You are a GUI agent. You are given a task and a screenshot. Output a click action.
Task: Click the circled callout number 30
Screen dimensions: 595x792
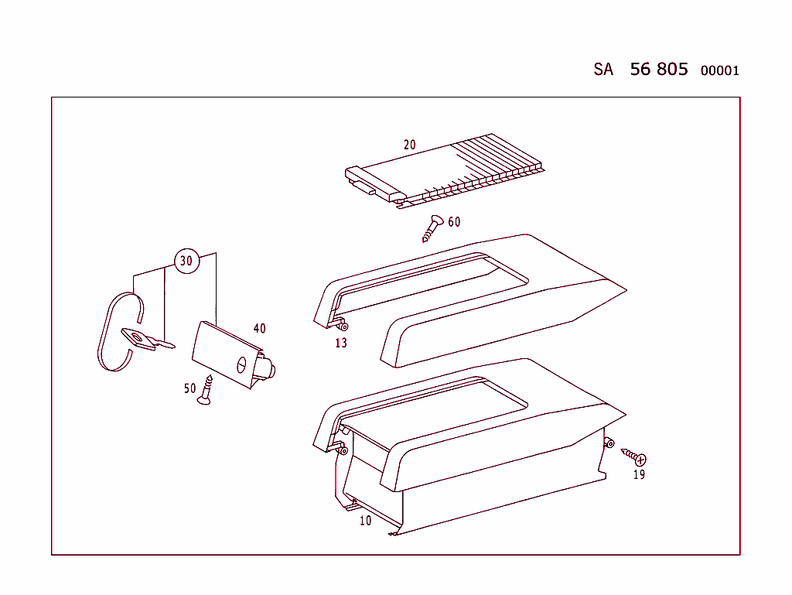186,261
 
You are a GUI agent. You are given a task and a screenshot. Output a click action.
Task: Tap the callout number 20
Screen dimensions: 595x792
410,145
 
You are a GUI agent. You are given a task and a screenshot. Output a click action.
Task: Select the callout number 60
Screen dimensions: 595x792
454,222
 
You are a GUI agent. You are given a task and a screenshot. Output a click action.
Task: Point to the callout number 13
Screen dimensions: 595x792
341,343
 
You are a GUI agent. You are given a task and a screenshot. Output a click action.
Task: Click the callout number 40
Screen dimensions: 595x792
259,329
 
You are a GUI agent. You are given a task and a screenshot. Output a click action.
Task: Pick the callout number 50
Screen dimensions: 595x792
189,388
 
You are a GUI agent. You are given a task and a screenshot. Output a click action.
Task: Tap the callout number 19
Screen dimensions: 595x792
639,474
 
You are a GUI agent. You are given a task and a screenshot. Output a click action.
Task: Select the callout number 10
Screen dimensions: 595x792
365,521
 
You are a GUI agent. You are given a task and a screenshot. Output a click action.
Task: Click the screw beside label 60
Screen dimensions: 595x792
432,227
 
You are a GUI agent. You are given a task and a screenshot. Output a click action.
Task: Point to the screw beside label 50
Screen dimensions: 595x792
206,389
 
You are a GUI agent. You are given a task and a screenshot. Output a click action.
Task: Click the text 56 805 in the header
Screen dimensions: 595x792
658,69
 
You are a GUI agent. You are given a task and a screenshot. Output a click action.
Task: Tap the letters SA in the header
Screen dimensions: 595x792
603,70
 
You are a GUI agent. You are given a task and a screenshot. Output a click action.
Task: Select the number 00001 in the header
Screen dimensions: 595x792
719,71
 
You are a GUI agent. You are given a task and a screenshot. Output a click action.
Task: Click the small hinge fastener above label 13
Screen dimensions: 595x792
342,326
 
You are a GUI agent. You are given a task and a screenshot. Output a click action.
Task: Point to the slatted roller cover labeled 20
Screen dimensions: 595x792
449,172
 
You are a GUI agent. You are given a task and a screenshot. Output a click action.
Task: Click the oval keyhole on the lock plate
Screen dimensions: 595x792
240,362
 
